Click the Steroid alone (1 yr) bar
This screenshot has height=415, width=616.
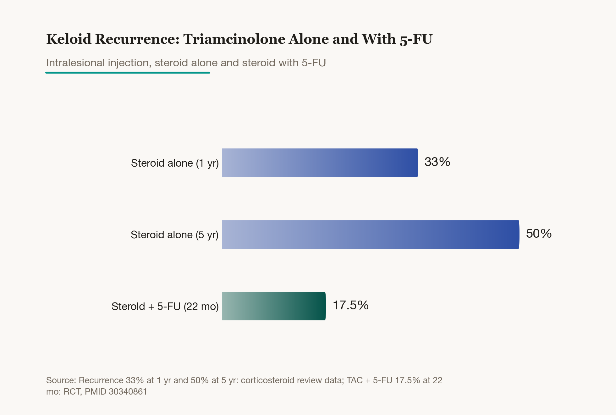[320, 163]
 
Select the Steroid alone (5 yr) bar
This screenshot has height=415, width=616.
[371, 234]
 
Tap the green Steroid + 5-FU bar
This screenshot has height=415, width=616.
[274, 306]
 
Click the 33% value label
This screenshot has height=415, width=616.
[437, 162]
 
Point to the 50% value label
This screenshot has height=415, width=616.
[539, 234]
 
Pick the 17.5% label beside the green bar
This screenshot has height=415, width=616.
[350, 305]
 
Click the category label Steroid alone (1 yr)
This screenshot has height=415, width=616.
[175, 163]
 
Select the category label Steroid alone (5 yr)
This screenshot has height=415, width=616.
[174, 235]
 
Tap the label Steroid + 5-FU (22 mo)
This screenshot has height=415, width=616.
[165, 307]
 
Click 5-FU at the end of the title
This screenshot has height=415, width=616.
[416, 39]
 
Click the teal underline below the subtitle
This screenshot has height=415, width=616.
[128, 73]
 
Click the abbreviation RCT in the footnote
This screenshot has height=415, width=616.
[72, 392]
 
